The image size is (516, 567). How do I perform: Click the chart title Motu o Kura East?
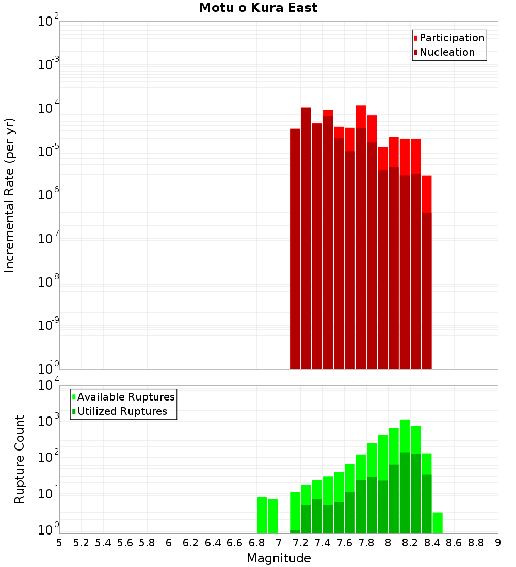[x=258, y=8]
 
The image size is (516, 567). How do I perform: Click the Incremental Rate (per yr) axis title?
[x=10, y=195]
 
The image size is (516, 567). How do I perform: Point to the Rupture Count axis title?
[x=20, y=459]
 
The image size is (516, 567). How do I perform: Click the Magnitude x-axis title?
[x=279, y=558]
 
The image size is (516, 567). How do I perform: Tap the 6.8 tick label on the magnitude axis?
[x=256, y=542]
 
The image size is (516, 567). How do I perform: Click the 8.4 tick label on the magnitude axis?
[x=432, y=542]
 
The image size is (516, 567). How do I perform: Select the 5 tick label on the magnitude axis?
[x=59, y=542]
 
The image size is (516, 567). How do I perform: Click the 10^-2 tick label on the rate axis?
[x=48, y=21]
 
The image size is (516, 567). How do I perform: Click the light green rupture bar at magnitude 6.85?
[x=262, y=515]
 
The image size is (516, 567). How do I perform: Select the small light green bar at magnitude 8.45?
[x=438, y=523]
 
